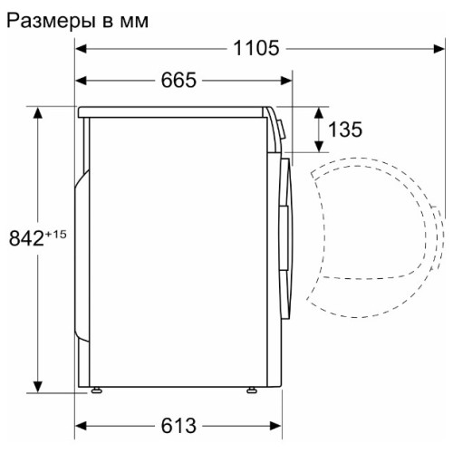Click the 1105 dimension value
click(256, 48)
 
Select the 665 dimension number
click(178, 81)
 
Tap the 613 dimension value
click(178, 426)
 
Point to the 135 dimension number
click(345, 130)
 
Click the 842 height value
click(26, 238)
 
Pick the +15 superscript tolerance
click(56, 235)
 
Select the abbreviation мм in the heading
click(134, 23)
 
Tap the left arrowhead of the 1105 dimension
click(81, 48)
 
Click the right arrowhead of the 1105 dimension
click(439, 48)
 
